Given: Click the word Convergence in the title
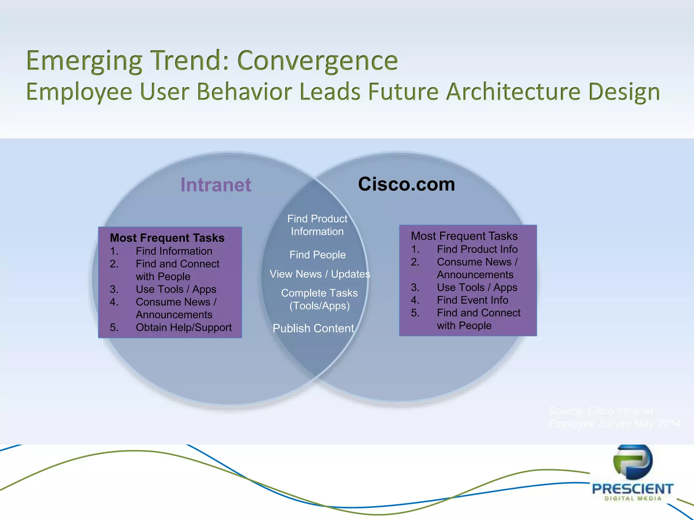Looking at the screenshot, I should point(318,61).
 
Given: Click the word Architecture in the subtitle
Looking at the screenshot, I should point(513,92).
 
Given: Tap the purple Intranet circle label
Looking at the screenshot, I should point(216,185).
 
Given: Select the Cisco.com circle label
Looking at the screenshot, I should point(406,184).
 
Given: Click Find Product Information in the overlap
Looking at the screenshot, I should point(317,225).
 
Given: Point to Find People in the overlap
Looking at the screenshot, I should point(318,255).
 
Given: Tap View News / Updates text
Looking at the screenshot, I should point(320,274).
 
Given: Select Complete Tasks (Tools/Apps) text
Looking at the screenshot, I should point(319,299).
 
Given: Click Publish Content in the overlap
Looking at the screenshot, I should point(313,328).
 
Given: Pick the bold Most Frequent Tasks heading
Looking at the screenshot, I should point(167,238).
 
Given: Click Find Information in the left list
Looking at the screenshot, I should point(174,251).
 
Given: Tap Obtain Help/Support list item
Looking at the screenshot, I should point(184,327).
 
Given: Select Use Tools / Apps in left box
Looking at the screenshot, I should point(176,289).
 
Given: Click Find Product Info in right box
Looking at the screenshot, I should point(477,249).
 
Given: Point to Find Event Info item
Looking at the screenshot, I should point(472,300).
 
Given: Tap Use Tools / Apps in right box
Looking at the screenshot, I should point(477,287).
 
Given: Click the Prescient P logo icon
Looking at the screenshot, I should point(632,461).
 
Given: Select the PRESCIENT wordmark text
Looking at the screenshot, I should point(632,489).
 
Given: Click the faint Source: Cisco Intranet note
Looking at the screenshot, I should point(600,411).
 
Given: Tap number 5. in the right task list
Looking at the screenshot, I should point(415,313).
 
